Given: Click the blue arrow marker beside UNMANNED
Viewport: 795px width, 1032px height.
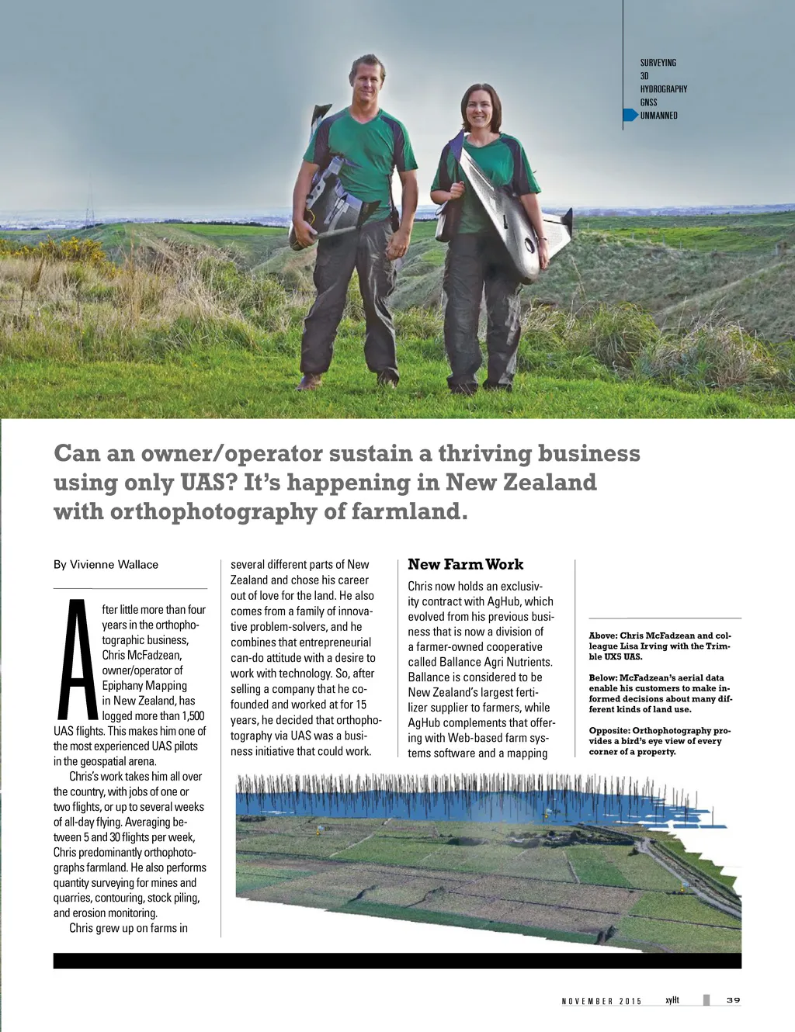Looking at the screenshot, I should [630, 116].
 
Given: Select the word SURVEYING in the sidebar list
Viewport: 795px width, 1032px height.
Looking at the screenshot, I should [658, 63].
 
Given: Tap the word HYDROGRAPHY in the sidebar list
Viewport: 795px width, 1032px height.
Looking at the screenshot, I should [663, 89].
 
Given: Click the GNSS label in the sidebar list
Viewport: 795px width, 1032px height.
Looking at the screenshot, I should [648, 102].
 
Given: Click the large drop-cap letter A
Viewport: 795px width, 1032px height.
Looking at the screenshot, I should [77, 660].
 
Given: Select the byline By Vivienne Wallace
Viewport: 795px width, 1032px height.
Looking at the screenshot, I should [106, 565].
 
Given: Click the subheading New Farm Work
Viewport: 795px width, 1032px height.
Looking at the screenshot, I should [465, 565].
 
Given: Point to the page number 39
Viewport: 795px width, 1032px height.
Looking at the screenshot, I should [733, 1000].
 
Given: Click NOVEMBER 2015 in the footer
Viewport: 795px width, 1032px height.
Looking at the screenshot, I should [602, 1001].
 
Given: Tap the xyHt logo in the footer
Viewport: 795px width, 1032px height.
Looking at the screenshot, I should [672, 1000].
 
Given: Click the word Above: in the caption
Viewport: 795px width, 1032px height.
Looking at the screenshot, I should [603, 636].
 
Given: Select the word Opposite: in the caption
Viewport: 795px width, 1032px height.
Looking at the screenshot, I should [609, 731].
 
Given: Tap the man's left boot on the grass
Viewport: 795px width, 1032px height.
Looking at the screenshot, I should [386, 379].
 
